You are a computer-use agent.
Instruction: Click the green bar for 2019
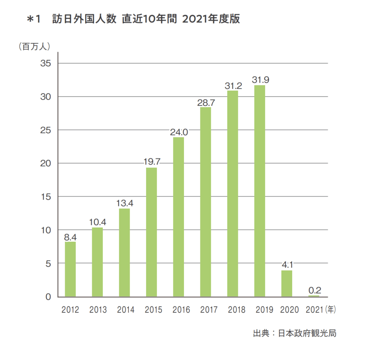(x=259, y=191)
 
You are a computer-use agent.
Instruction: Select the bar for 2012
(x=70, y=269)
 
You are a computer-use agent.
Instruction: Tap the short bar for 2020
(x=287, y=284)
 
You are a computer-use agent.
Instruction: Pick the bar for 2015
(x=151, y=232)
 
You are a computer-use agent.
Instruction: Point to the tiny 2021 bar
(x=314, y=296)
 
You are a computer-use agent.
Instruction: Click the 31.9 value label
(x=260, y=80)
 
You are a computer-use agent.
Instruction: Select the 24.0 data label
(x=179, y=132)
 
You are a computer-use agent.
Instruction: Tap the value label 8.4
(x=70, y=237)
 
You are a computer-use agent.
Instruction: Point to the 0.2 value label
(x=315, y=290)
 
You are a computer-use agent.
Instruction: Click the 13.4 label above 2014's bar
(x=125, y=203)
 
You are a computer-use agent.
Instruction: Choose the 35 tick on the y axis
(x=46, y=63)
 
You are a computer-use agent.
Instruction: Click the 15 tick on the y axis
(x=46, y=197)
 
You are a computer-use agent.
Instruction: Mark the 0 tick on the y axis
(x=48, y=297)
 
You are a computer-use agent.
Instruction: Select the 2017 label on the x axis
(x=209, y=310)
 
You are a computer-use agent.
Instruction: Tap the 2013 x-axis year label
(x=98, y=310)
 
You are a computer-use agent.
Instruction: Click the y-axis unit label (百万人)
(x=35, y=46)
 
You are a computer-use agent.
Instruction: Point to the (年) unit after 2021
(x=330, y=310)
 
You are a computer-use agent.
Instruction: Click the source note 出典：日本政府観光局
(x=295, y=333)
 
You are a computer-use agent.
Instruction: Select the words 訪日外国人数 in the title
(x=84, y=19)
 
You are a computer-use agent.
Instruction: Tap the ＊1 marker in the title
(x=34, y=19)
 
